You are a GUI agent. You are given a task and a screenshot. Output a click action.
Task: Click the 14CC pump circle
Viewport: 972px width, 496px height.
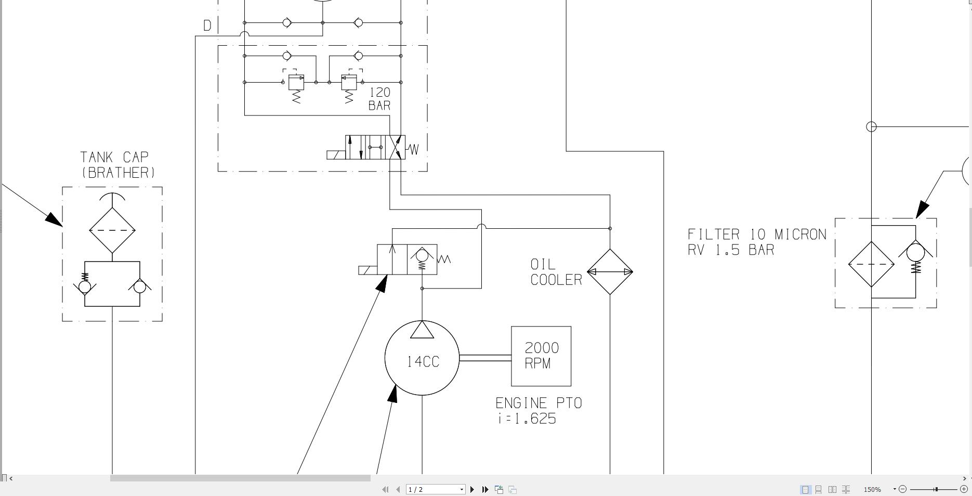click(422, 359)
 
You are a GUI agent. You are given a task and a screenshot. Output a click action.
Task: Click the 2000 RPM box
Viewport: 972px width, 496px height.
click(541, 356)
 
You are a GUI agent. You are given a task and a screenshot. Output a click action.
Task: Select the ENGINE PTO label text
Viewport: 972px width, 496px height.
click(538, 403)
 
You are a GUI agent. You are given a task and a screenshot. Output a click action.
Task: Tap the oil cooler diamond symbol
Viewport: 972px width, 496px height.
click(610, 271)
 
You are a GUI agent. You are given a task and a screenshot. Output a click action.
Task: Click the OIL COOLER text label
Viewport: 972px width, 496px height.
click(556, 272)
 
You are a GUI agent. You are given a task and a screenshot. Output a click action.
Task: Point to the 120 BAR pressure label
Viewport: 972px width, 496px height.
click(379, 99)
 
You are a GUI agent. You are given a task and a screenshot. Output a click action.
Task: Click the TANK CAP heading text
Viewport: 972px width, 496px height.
click(114, 157)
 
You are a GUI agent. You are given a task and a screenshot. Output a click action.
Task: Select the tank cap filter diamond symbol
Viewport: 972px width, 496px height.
click(112, 230)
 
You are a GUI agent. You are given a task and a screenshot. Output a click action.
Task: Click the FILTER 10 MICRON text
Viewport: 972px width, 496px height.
click(757, 234)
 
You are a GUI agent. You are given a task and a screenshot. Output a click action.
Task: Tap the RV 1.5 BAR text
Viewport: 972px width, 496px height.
click(731, 250)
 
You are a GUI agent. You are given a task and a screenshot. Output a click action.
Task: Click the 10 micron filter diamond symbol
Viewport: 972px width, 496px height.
click(871, 264)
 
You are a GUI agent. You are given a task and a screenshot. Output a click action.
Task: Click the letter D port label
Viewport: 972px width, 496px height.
click(207, 25)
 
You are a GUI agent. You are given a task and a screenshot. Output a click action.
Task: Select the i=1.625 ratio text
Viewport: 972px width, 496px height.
click(527, 419)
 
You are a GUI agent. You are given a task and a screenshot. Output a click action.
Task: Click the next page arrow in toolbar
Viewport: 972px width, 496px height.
click(472, 489)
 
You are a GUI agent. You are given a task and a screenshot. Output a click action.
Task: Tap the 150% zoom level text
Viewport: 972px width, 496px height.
click(872, 489)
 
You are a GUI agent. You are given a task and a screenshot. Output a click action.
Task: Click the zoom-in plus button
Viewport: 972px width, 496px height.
click(964, 489)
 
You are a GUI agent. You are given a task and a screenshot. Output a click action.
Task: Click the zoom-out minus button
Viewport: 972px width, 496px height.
click(903, 489)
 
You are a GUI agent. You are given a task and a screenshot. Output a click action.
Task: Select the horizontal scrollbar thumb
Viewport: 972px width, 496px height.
click(240, 478)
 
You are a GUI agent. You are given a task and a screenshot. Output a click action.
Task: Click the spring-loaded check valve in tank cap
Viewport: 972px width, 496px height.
click(85, 285)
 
